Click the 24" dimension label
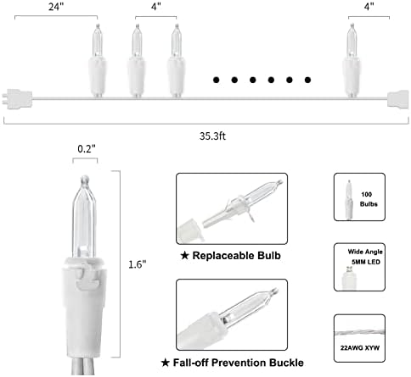click(56, 7)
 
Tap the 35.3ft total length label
click(212, 136)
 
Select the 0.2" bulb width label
click(87, 148)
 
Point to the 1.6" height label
click(138, 264)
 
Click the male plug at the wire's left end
click(17, 99)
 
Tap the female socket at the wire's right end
click(398, 99)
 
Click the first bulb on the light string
click(98, 61)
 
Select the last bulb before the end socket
click(352, 61)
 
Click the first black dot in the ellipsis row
click(217, 80)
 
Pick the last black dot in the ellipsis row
click(307, 80)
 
